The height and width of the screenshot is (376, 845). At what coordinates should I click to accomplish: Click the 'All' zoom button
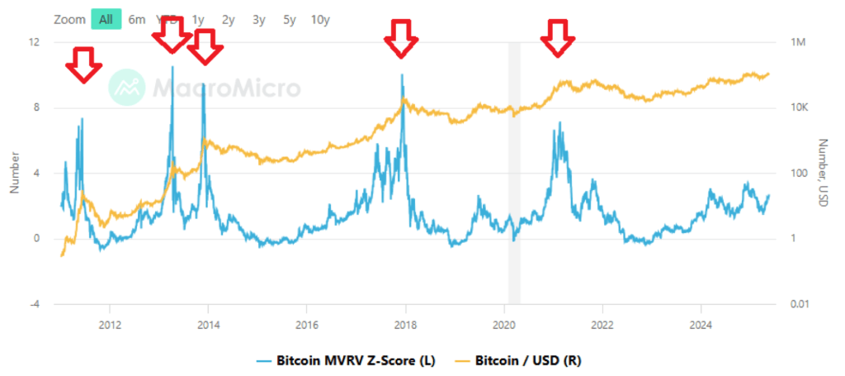point(106,19)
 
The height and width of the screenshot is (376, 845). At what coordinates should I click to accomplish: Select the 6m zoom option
point(137,19)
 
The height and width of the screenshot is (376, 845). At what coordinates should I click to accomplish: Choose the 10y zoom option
point(320,19)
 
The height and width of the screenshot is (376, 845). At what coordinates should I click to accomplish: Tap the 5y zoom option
point(290,19)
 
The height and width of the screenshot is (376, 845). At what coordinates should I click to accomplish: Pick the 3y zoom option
point(259,19)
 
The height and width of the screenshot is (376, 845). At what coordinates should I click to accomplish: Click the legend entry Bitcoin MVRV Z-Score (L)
point(346,360)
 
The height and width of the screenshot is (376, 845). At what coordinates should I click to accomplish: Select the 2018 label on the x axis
point(405,323)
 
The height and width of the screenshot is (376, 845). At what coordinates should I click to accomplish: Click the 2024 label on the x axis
point(701,323)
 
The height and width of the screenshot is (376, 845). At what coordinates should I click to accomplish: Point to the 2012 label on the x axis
point(110,323)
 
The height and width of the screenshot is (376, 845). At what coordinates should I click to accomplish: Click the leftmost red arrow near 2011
point(83,64)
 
